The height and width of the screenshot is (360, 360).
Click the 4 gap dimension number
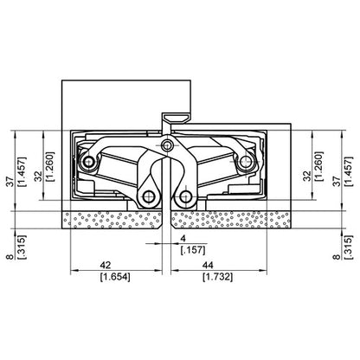(x=183, y=237)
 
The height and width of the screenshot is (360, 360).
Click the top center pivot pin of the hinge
(x=166, y=144)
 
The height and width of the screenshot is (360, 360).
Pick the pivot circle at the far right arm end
(x=246, y=162)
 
